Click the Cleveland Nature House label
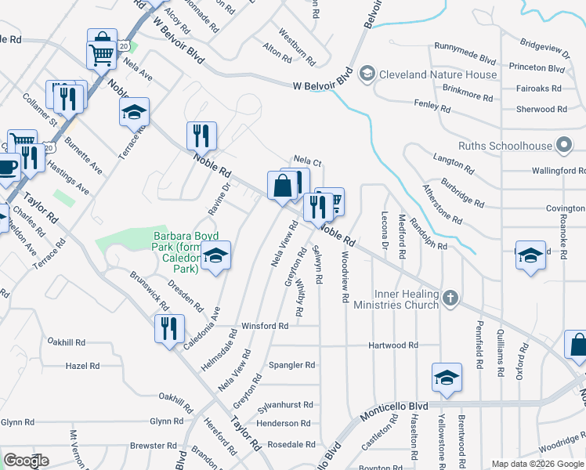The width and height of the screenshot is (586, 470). [x=438, y=75]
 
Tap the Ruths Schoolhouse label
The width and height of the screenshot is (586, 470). [x=505, y=146]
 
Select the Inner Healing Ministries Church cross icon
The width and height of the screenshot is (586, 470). [x=450, y=297]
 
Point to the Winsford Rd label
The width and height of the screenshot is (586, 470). [x=265, y=326]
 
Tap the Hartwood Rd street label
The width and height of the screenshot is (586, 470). [x=393, y=345]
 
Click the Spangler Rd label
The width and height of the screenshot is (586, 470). [x=291, y=365]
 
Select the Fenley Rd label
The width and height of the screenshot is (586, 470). [x=430, y=103]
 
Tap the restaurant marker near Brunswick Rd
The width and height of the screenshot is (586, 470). [x=169, y=330]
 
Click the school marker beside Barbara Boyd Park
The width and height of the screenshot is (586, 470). [x=215, y=255]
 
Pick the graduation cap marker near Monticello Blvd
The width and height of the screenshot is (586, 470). [x=447, y=377]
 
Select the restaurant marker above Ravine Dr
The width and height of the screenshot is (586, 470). [x=201, y=136]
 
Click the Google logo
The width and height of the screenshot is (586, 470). [x=26, y=461]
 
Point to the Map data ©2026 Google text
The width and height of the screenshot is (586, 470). [x=537, y=464]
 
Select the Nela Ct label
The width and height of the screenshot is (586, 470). [x=307, y=161]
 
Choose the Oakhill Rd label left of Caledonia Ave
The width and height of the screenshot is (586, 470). [x=66, y=342]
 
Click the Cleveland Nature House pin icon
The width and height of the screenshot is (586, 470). [x=366, y=75]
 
